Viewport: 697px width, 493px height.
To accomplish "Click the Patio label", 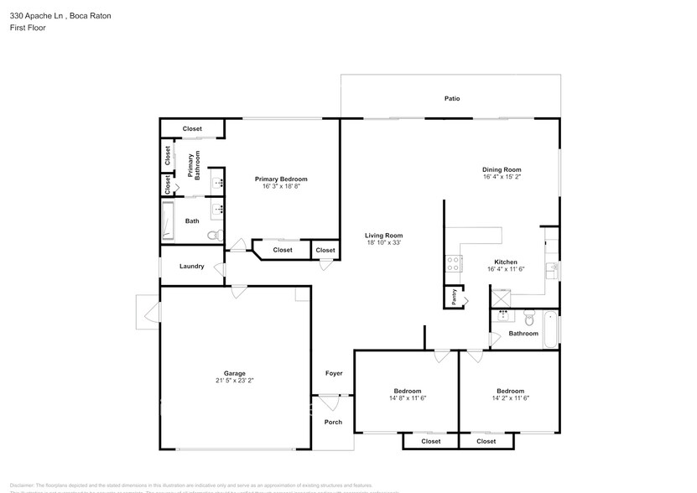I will [x=451, y=99].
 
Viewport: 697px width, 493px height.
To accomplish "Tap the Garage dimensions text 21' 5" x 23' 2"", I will [x=234, y=381].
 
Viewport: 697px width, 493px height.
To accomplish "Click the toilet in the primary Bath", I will [x=215, y=234].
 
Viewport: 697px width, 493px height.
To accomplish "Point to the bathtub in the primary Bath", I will [x=168, y=221].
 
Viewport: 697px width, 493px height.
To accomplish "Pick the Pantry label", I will [x=454, y=297].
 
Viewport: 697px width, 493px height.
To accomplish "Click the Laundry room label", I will [x=191, y=267].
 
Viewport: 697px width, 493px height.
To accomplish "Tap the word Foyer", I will [x=334, y=373].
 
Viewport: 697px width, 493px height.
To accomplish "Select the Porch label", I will [x=333, y=422].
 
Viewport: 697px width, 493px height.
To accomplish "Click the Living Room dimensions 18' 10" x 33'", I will [x=383, y=243].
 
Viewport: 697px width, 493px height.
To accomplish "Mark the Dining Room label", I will [x=502, y=169].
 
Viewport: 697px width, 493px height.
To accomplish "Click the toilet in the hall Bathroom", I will [x=529, y=319].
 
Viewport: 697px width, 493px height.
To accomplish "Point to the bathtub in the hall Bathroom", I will [x=551, y=330].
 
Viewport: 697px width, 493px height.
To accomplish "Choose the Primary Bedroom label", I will [x=281, y=179].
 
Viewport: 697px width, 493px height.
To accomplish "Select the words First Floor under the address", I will [x=28, y=28].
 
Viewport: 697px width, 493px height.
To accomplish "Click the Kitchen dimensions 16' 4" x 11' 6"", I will [x=505, y=269].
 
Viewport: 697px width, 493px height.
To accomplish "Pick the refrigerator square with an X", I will [x=502, y=294].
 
